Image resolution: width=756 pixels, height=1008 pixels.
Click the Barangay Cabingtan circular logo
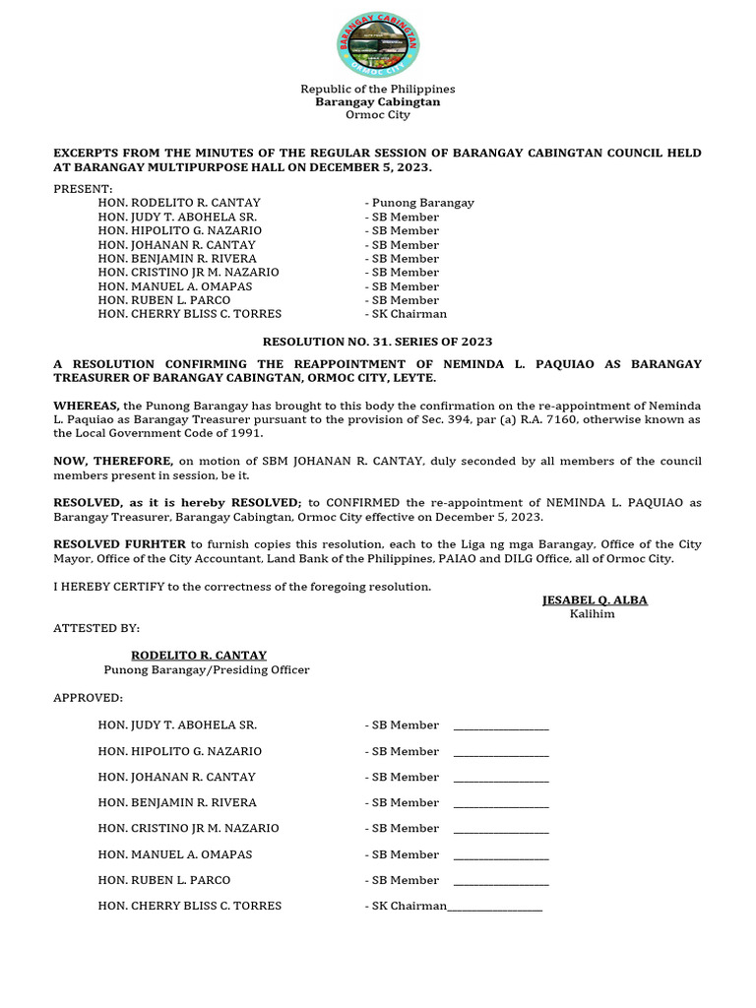click(x=377, y=44)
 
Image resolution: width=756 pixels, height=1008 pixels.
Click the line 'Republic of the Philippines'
click(x=377, y=89)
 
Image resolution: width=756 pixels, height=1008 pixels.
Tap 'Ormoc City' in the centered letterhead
click(x=377, y=115)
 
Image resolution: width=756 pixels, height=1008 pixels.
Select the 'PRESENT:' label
click(x=83, y=189)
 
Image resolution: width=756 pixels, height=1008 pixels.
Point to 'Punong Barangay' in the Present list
click(x=422, y=203)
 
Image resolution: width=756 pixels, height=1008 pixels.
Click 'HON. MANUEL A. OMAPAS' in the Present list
click(x=175, y=286)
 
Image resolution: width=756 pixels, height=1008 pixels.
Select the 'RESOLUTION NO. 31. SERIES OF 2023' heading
click(x=377, y=342)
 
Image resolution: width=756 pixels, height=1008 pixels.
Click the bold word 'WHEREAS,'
click(x=86, y=406)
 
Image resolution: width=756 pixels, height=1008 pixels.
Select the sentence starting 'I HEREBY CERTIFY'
click(x=242, y=587)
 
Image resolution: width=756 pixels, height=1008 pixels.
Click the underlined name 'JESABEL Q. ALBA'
click(x=595, y=600)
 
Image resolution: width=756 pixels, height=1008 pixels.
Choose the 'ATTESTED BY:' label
click(x=96, y=628)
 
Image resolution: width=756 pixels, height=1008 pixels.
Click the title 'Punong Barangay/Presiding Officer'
click(x=207, y=669)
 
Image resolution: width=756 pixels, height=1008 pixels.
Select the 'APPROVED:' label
click(x=88, y=698)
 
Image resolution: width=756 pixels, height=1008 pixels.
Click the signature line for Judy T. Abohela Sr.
click(x=500, y=727)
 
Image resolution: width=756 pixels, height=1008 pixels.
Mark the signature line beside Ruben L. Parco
click(x=500, y=883)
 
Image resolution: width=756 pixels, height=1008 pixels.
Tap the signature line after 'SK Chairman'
click(x=494, y=909)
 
